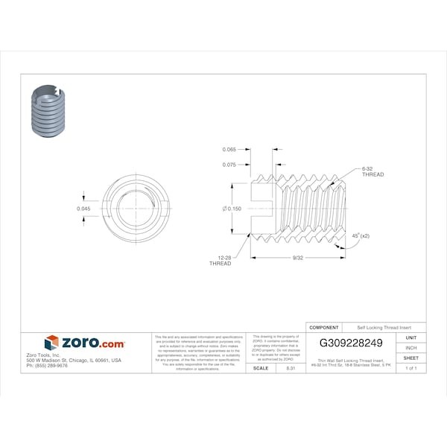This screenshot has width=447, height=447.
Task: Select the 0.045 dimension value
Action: point(84,209)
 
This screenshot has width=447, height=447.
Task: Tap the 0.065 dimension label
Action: point(229,150)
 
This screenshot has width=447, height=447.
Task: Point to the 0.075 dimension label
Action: point(229,164)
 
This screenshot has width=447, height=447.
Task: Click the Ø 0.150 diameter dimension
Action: point(232,209)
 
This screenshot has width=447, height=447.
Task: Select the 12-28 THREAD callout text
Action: point(220,261)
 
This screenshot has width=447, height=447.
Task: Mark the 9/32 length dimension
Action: point(297,258)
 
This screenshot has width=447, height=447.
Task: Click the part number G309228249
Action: point(350,343)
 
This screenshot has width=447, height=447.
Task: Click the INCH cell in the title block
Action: point(410,348)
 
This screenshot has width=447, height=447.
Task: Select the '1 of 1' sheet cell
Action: point(410,368)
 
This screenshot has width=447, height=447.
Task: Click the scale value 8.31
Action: point(291,368)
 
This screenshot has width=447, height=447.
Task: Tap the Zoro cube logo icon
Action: point(51,343)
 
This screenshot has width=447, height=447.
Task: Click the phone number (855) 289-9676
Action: point(47,366)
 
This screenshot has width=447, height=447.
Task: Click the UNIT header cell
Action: point(410,337)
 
